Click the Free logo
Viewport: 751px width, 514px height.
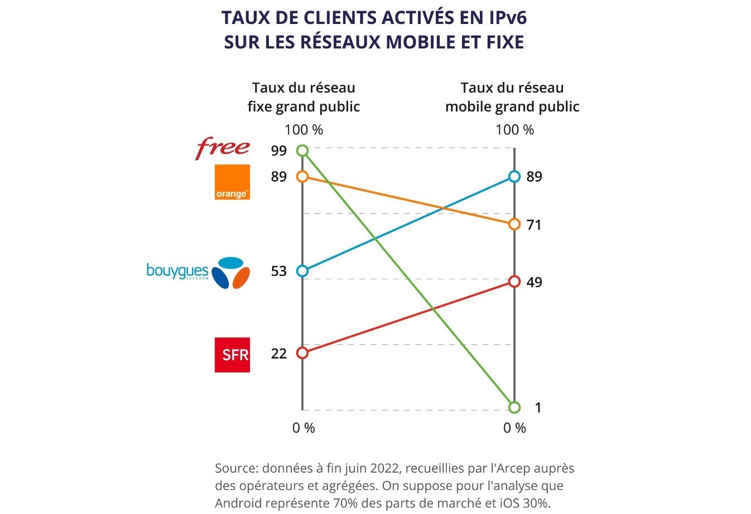point(223,148)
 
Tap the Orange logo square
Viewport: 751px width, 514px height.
point(232,182)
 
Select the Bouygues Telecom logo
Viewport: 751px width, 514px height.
point(198,273)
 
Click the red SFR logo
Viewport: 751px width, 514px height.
point(232,355)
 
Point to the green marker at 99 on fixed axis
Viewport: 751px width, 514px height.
point(302,151)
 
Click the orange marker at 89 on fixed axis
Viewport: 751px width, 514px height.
point(302,177)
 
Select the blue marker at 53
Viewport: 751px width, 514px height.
point(302,271)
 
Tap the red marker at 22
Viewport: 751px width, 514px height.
point(302,353)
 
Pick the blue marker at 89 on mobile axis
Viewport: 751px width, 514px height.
point(514,177)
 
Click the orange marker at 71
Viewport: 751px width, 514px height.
point(514,224)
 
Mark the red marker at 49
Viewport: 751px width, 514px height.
point(514,282)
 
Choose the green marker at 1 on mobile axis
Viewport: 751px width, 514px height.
point(514,408)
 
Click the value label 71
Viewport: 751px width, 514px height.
point(534,225)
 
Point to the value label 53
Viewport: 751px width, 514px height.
point(279,271)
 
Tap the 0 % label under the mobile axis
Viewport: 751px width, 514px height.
point(514,428)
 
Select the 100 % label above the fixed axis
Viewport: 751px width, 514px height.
point(304,130)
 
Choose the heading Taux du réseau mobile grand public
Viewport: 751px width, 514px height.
point(512,97)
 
